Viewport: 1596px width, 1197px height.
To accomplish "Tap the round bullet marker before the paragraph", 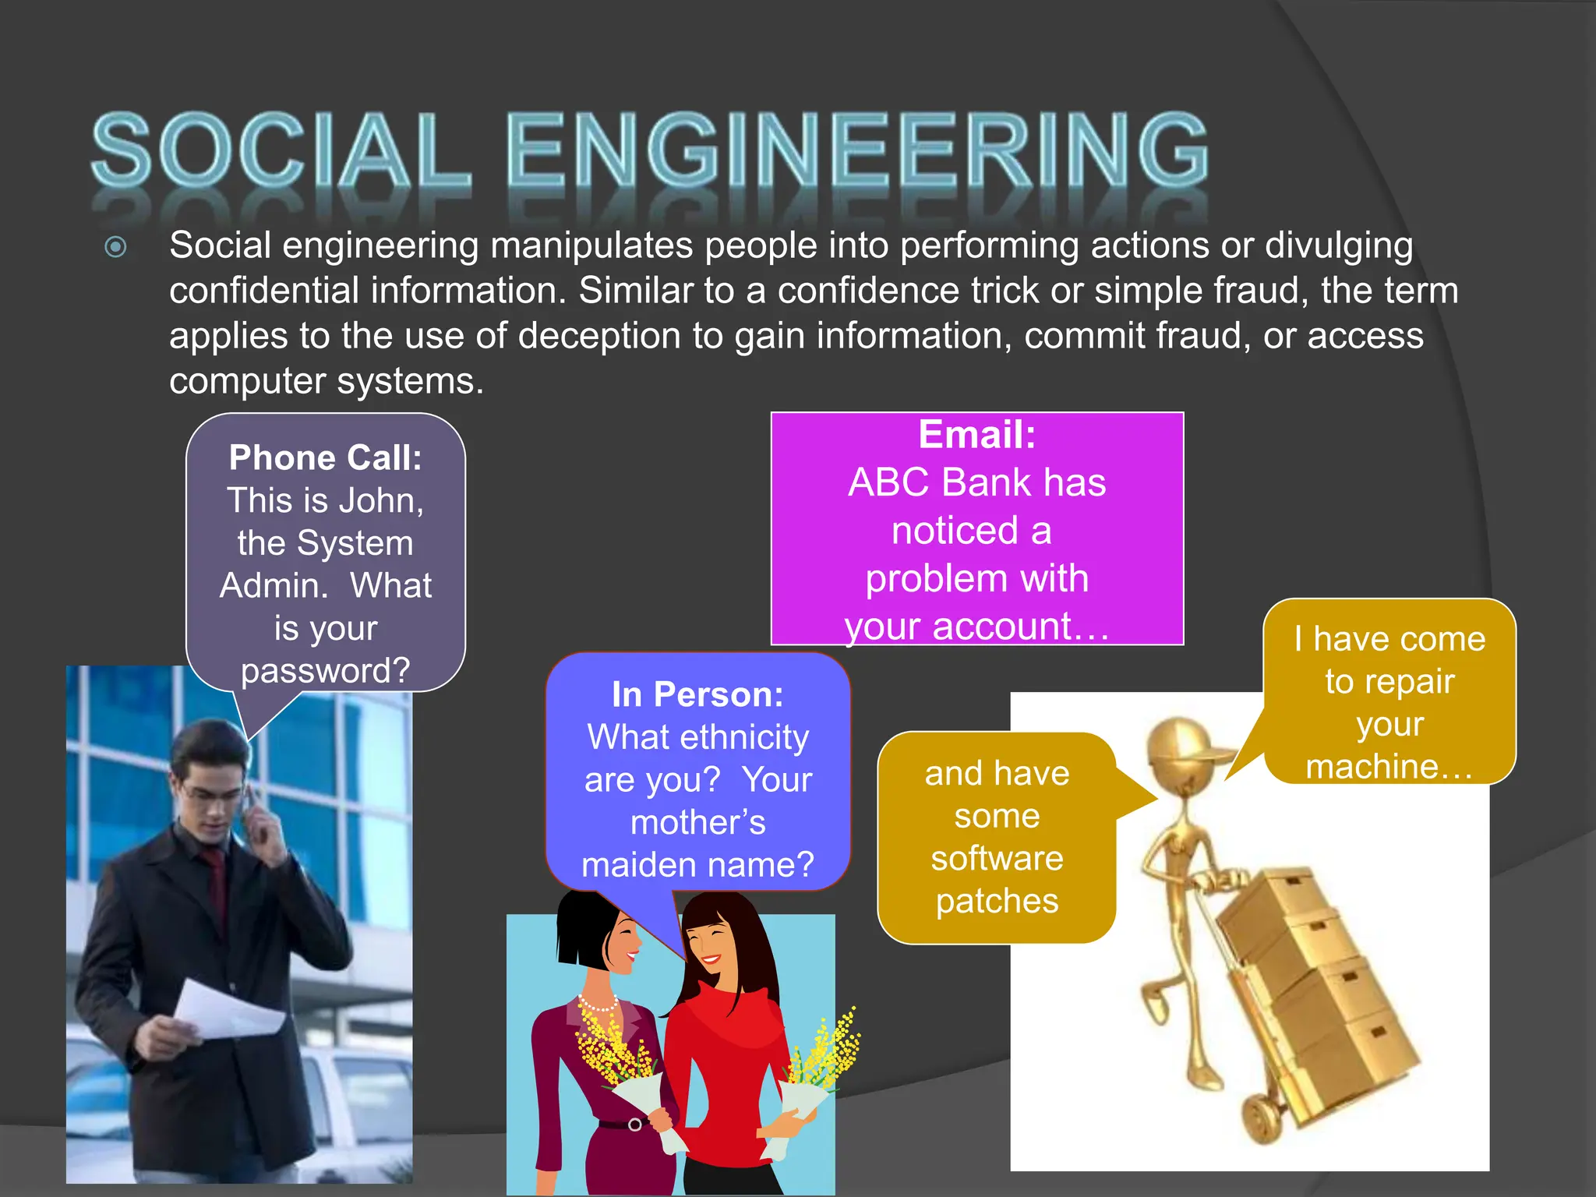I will point(115,248).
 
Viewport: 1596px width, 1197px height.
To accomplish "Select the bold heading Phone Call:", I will point(325,457).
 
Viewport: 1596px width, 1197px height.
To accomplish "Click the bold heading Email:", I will point(976,434).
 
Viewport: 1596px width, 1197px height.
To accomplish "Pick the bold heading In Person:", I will point(697,694).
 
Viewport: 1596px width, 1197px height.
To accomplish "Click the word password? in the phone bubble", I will point(325,670).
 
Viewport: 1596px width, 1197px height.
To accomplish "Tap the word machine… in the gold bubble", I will point(1389,767).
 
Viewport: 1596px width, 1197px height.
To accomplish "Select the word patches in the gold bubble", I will point(997,901).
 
